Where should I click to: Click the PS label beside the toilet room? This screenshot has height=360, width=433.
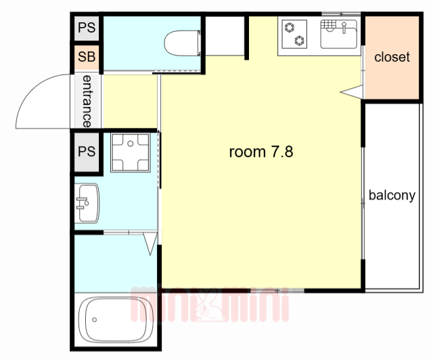pos(87,28)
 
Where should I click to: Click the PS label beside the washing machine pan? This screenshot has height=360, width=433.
pos(87,152)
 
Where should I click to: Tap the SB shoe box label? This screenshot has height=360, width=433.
pos(87,57)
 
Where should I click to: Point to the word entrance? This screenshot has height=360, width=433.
pos(87,101)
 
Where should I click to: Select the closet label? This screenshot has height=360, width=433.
pos(392,58)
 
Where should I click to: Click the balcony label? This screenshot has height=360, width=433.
pos(392,196)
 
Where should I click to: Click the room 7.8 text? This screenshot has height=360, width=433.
pos(261,152)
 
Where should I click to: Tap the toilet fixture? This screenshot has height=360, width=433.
pos(183,43)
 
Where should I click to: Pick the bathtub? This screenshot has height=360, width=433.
pos(116,319)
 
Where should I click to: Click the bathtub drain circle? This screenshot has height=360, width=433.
pos(95,319)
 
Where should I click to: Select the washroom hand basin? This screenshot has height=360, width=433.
pos(87,203)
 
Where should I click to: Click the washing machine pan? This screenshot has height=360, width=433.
pos(131,152)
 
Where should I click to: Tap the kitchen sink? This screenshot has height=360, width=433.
pos(338,35)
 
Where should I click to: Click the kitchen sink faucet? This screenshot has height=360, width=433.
pos(344,28)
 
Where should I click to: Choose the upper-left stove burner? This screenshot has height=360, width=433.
pos(290,28)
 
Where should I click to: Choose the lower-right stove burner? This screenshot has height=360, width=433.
pos(299,41)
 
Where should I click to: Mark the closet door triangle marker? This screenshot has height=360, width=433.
pos(352,92)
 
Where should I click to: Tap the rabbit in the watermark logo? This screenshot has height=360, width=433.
pos(208,306)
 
